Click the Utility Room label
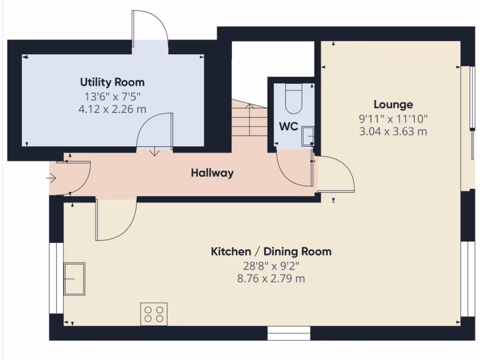(112, 82)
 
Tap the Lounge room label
(393, 105)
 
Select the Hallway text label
(212, 173)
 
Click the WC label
(289, 127)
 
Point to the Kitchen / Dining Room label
(271, 252)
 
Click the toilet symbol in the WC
(294, 99)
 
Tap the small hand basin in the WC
(307, 134)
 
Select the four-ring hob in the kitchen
(154, 314)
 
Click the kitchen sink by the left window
(75, 278)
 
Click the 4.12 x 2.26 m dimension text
(112, 109)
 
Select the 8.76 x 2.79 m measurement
(271, 279)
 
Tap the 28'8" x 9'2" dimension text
(271, 266)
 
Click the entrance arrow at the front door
(51, 178)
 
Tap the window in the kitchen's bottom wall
(289, 333)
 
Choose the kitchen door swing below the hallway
(115, 220)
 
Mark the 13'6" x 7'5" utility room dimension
(112, 97)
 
